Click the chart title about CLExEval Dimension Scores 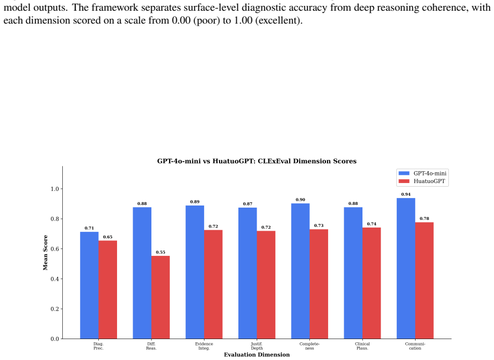tap(257, 161)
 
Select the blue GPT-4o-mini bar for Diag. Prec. tap(89, 285)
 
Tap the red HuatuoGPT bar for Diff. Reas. tap(161, 297)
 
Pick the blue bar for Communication tap(406, 268)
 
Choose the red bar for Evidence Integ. tap(213, 284)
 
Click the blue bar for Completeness tap(300, 271)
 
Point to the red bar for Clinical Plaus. tap(372, 283)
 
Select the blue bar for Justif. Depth tap(248, 273)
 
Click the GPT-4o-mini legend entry tap(423, 173)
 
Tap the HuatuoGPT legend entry tap(422, 181)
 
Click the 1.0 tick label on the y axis tap(55, 189)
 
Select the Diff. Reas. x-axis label tap(151, 346)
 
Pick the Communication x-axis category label tap(415, 346)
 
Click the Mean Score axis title tap(45, 253)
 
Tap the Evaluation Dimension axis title tap(257, 355)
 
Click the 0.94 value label tap(406, 194)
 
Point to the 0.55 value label tap(161, 252)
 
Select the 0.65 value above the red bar tap(108, 237)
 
